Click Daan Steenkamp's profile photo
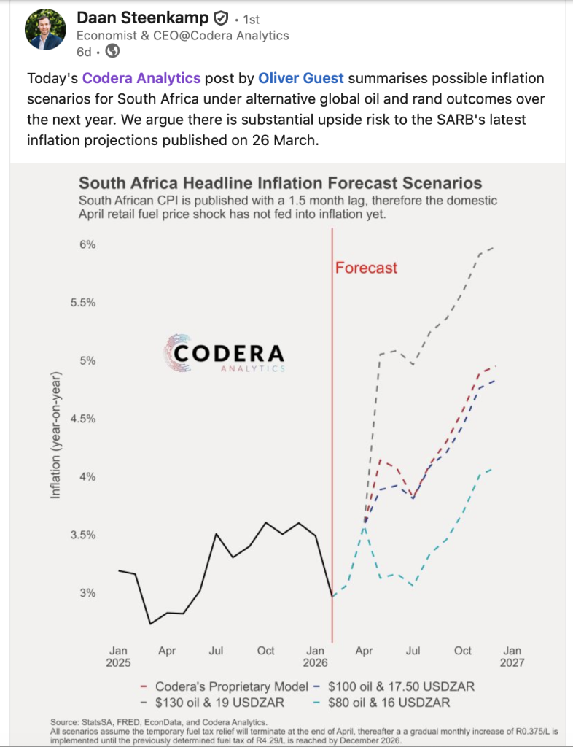pos(46,29)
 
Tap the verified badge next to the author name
pos(220,18)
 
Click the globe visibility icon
pos(112,51)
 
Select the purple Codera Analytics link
pos(141,78)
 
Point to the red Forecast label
pos(366,267)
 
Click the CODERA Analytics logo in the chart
pos(225,353)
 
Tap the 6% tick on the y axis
pos(87,244)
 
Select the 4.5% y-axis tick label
pos(83,419)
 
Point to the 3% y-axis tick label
pos(87,593)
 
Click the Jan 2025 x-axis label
pos(118,657)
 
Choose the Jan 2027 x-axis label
pos(512,657)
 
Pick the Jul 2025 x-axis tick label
pos(216,651)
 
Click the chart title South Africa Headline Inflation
pos(281,183)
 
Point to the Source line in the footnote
pos(159,722)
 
